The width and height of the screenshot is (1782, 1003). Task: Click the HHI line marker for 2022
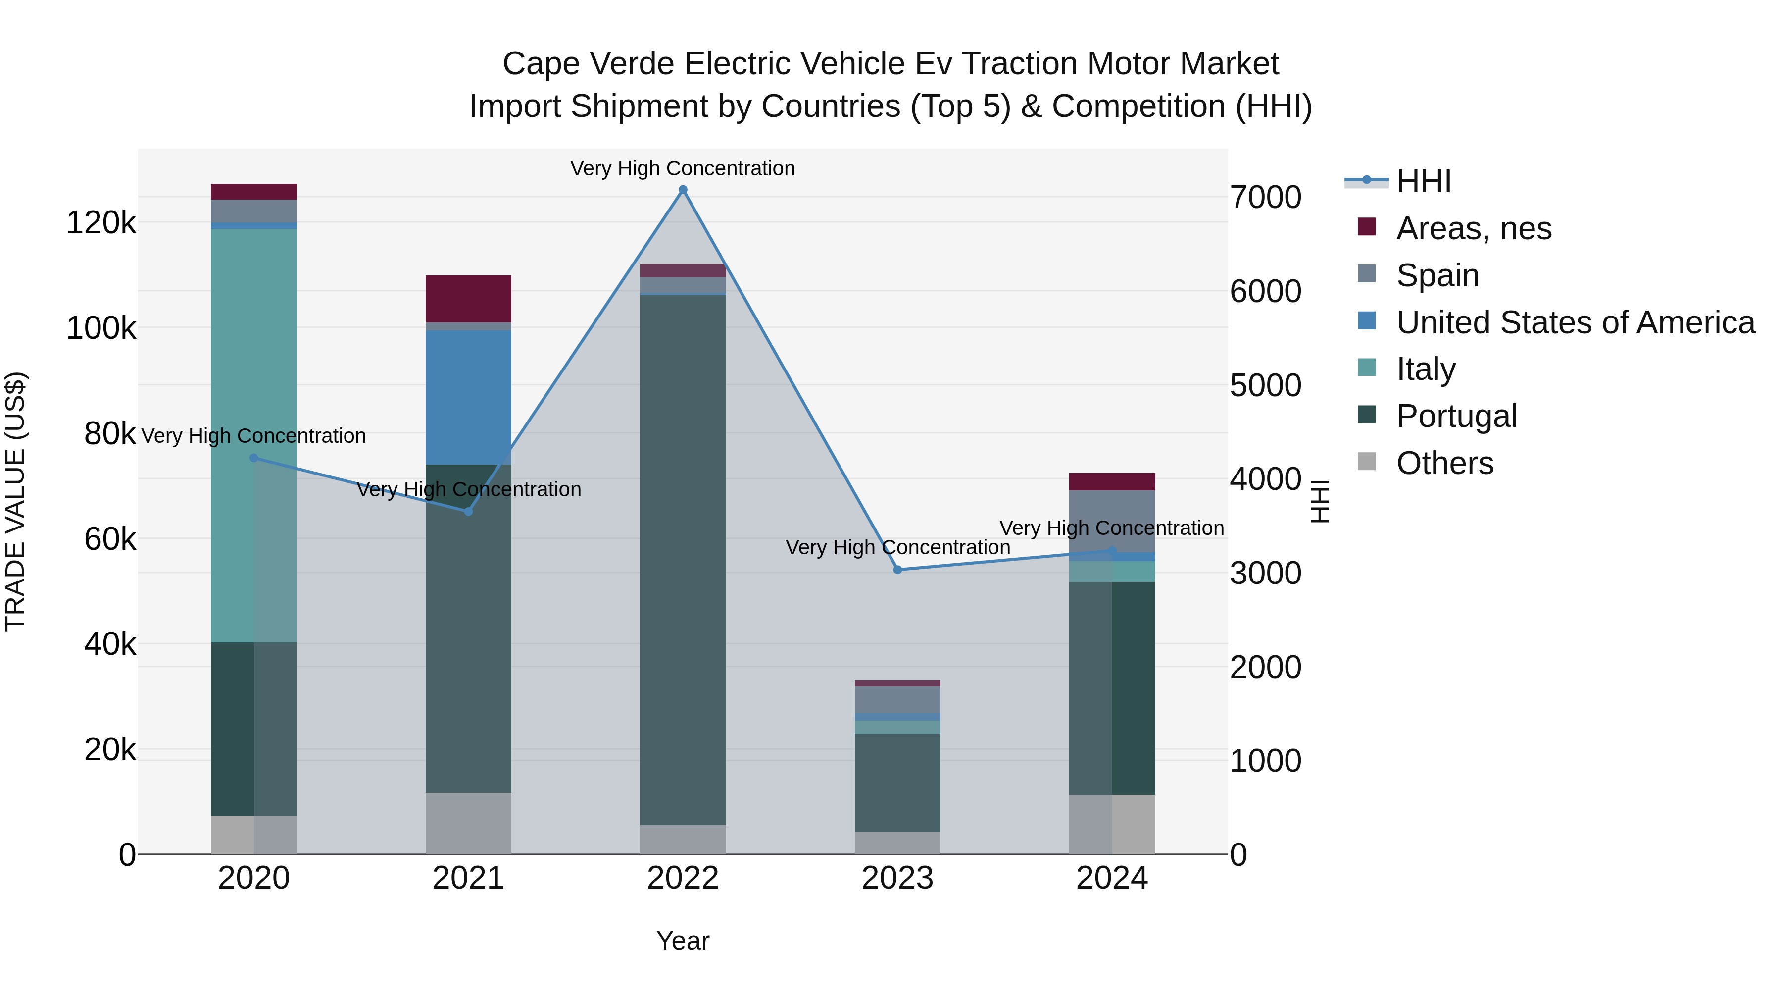coord(683,190)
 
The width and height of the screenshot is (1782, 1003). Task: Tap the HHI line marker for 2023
coord(897,570)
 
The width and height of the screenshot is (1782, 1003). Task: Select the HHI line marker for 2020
coord(254,458)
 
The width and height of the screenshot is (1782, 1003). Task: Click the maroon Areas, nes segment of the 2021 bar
coord(468,298)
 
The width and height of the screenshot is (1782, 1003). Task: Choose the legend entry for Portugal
coord(1456,416)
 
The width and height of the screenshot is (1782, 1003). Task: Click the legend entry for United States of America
coord(1575,322)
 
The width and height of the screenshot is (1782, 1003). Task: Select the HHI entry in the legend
coord(1424,181)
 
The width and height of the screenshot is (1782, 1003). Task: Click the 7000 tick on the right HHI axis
coord(1265,197)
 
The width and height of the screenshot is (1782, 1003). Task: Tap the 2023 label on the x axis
coord(897,878)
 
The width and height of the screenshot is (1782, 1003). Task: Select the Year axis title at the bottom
coord(683,941)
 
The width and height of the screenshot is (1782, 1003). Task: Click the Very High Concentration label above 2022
coord(683,168)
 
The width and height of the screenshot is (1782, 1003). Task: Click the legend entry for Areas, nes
coord(1474,228)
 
